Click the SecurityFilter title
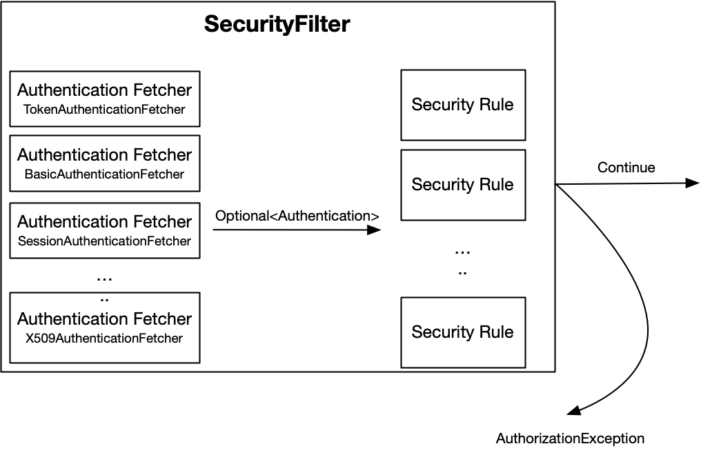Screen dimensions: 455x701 (277, 25)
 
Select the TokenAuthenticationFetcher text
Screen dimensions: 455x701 (104, 110)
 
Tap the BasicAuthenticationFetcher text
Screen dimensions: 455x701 (104, 174)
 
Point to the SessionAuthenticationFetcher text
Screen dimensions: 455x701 (104, 241)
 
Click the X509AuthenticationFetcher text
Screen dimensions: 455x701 (104, 338)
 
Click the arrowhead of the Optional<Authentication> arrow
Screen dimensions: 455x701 (374, 230)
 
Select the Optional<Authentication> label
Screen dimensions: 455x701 (297, 216)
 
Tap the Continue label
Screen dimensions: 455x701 (626, 168)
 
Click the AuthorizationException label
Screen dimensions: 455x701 (570, 438)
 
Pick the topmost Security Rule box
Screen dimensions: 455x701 (462, 105)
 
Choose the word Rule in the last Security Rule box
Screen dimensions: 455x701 (497, 332)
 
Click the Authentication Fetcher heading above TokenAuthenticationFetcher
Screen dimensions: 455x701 (104, 90)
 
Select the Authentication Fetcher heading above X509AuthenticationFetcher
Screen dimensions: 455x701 (104, 319)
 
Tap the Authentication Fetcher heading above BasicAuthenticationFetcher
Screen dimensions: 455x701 (104, 155)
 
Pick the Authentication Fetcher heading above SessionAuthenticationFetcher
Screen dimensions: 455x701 (104, 222)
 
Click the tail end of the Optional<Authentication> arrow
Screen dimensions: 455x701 (215, 230)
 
